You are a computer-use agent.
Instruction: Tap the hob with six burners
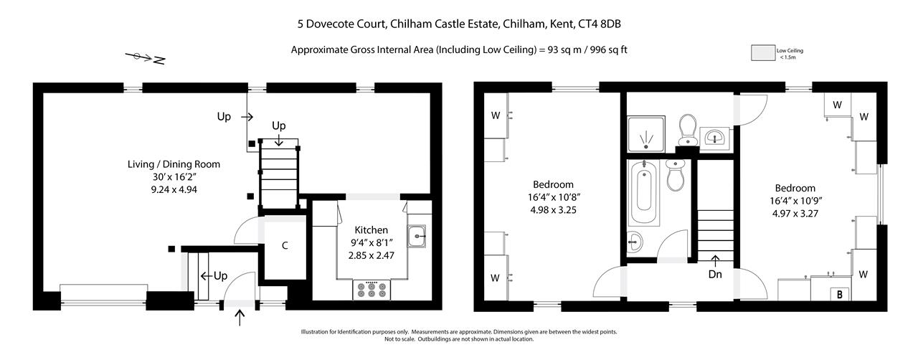(x=372, y=290)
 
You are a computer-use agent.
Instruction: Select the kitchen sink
(x=417, y=236)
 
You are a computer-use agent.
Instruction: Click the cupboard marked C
(x=285, y=246)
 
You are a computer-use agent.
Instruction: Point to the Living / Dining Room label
(x=174, y=164)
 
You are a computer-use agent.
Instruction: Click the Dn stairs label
(x=715, y=273)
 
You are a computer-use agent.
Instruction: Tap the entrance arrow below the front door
(x=240, y=318)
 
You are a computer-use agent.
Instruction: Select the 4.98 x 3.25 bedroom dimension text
(x=552, y=210)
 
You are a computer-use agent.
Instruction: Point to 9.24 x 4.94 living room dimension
(x=174, y=190)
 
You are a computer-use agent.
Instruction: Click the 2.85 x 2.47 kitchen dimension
(x=372, y=255)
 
